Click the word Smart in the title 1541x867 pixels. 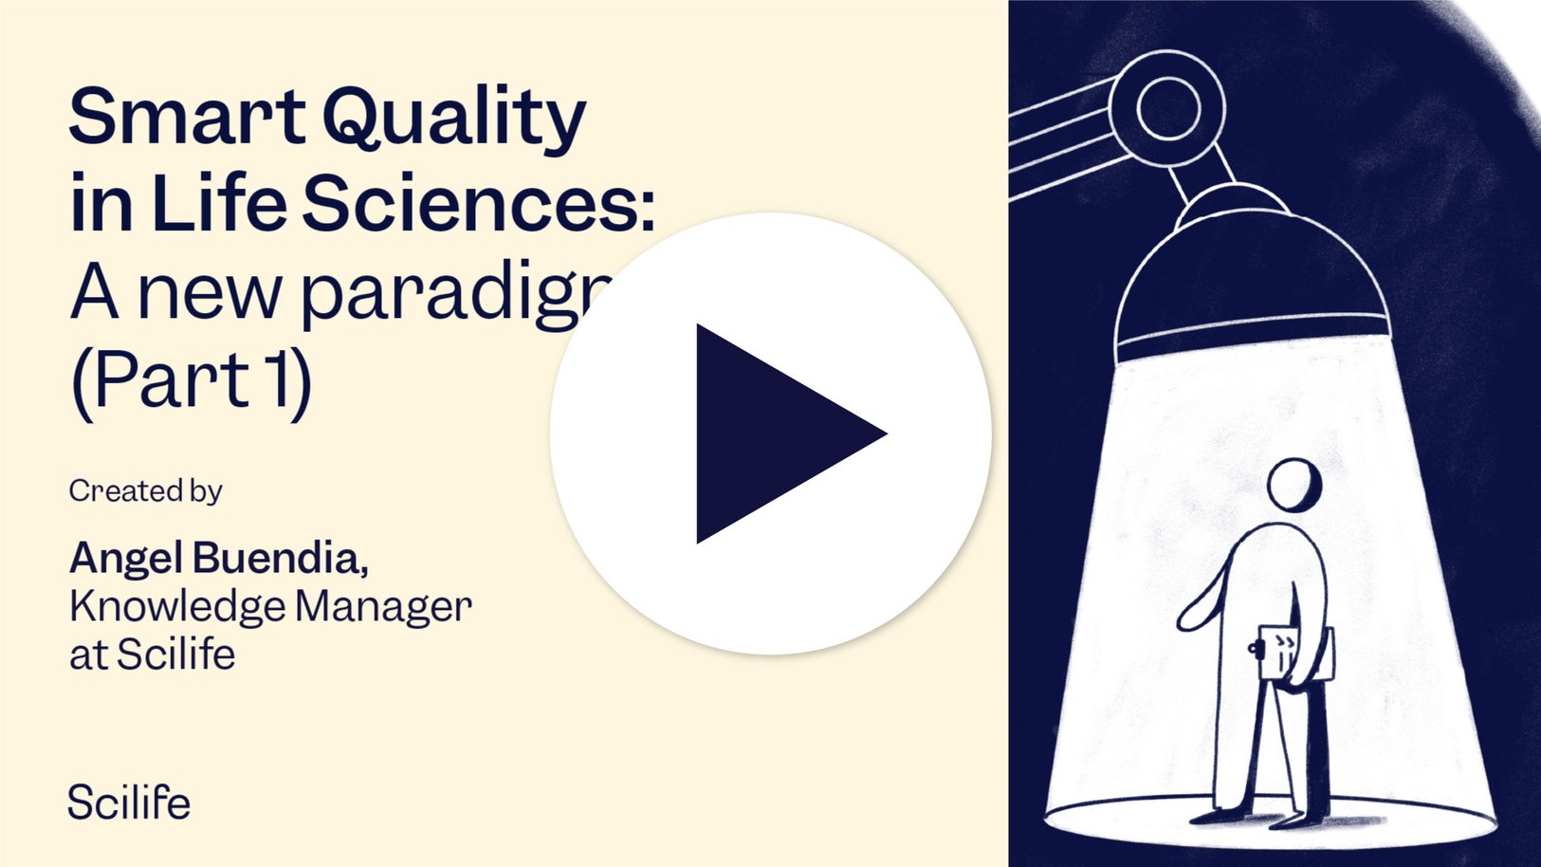point(186,118)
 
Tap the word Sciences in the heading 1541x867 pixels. point(479,204)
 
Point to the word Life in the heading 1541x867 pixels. point(218,204)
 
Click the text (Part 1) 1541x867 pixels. point(191,380)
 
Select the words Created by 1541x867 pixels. point(145,490)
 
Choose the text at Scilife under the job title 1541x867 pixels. point(152,655)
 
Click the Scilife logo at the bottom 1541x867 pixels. point(129,802)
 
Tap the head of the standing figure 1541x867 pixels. point(1294,485)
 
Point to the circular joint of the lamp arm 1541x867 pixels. point(1168,107)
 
